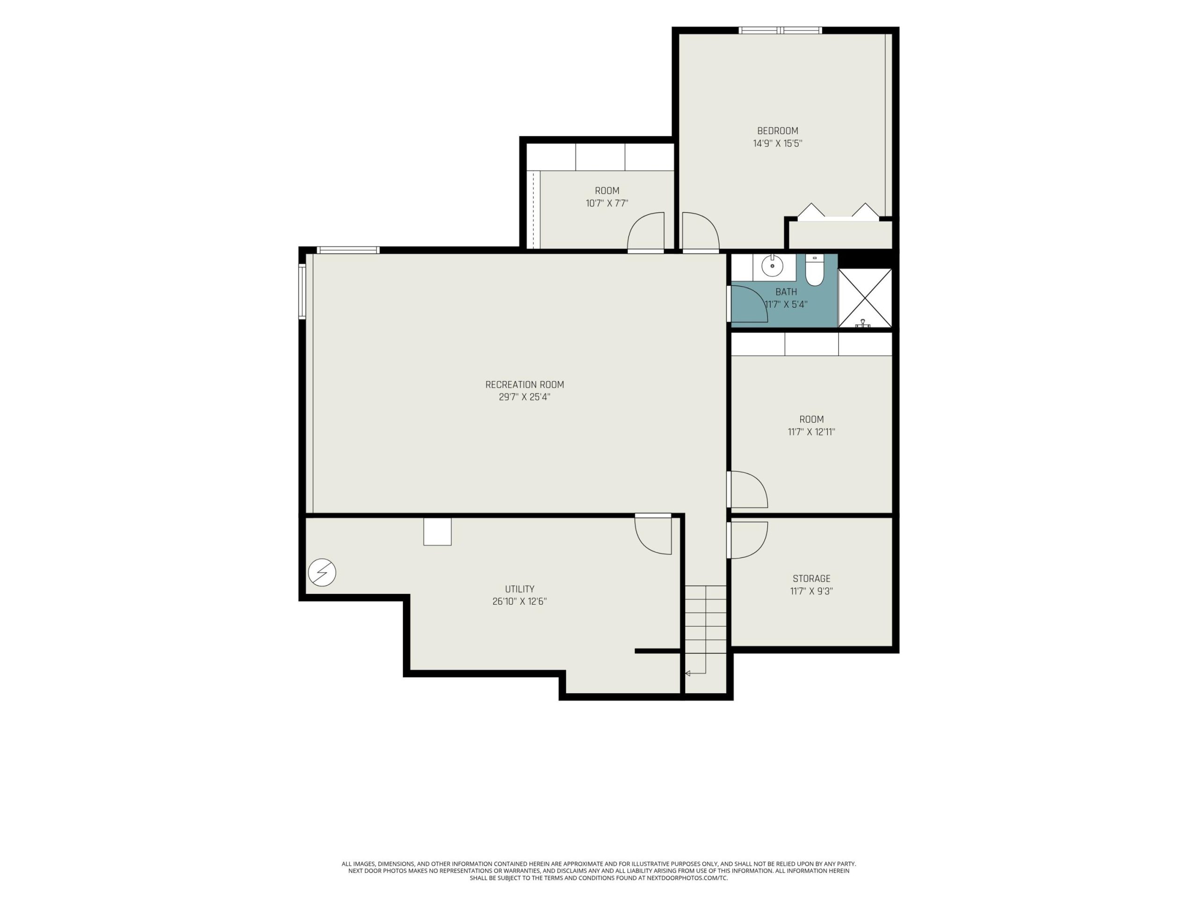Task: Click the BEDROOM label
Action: (777, 131)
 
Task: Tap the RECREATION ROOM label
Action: (524, 385)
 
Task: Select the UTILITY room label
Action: (519, 589)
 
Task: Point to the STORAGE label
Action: (811, 579)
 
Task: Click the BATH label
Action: (786, 292)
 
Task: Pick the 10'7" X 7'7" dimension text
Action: (606, 203)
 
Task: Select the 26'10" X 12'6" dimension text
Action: (519, 601)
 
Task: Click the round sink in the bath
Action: (772, 266)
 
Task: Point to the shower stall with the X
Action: (864, 298)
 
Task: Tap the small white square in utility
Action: (437, 531)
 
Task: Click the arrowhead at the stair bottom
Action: (687, 673)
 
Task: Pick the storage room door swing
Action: (747, 540)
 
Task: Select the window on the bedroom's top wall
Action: (781, 30)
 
